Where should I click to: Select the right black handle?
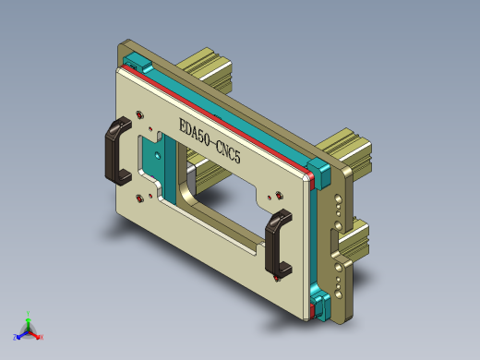(x=276, y=243)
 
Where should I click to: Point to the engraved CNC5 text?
(x=226, y=151)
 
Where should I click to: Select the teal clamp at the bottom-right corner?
(x=320, y=304)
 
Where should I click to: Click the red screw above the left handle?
(x=138, y=114)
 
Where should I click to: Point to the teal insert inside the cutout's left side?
(x=152, y=166)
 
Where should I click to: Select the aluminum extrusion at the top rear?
(x=208, y=69)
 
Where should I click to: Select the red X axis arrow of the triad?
(x=39, y=337)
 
